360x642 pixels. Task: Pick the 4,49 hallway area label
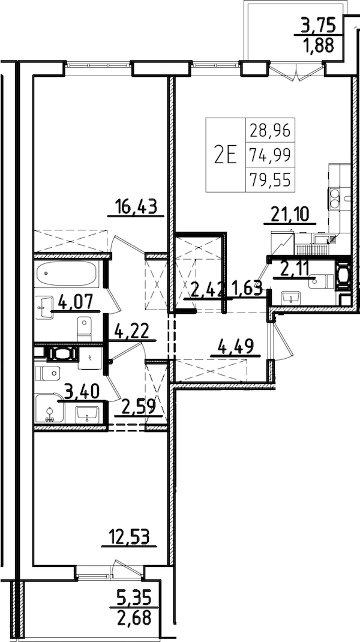[x=236, y=347]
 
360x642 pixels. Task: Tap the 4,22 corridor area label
[x=133, y=332]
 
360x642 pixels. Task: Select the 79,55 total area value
[x=270, y=180]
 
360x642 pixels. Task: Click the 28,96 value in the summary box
[x=270, y=130]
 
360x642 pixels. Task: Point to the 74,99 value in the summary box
[x=270, y=155]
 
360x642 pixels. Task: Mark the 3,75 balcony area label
[x=317, y=26]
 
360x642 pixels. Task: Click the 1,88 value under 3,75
[x=318, y=45]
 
